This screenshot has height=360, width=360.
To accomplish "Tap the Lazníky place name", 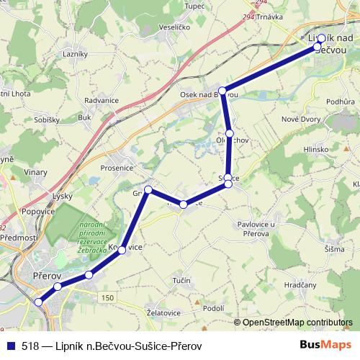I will pos(75,54).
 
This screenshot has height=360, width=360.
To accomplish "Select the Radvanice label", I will pos(102,101).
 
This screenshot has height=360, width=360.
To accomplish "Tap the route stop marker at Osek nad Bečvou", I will pos(223,91).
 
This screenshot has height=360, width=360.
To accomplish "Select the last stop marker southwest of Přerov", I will pos(39,302).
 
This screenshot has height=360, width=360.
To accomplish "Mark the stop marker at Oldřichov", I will pos(229,133).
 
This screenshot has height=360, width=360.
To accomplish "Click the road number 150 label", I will pos(107,298).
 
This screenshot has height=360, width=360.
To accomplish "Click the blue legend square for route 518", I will pos(12,346).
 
